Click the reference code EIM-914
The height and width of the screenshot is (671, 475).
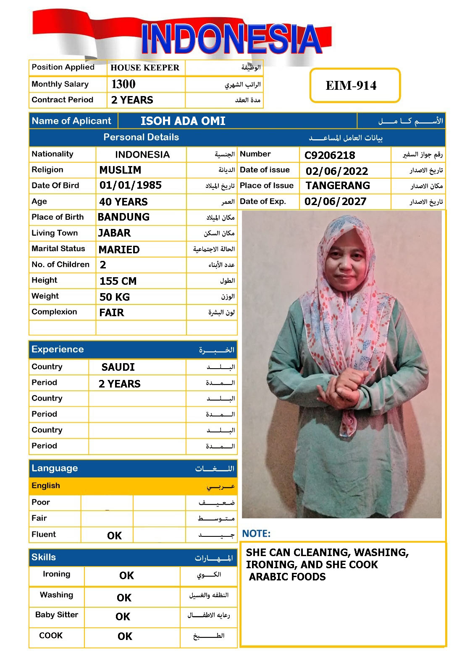tap(351, 86)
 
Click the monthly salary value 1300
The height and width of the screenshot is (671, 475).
tap(123, 84)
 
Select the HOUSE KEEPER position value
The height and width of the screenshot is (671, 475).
tap(145, 68)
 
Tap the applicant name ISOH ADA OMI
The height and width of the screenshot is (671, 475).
tap(183, 121)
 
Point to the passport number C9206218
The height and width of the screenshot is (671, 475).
tap(330, 156)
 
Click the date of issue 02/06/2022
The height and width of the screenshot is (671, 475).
tap(337, 171)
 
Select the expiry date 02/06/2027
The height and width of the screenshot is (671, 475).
tap(336, 202)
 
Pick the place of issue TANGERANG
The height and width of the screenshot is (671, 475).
tap(338, 186)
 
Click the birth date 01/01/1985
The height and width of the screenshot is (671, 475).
tap(131, 185)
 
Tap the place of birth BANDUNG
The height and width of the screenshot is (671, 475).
tap(123, 217)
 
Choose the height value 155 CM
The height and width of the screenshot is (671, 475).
tap(118, 281)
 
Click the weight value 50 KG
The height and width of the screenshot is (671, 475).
tap(115, 297)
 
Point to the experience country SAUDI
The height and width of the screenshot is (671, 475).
tap(118, 367)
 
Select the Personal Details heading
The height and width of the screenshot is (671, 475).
tap(141, 138)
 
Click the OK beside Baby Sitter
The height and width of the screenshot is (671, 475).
tap(123, 616)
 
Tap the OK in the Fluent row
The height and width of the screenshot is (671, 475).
tap(114, 536)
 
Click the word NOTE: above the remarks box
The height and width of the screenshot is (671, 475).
tap(256, 534)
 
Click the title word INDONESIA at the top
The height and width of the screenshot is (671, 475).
tap(231, 40)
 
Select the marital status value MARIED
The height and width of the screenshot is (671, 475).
tap(119, 250)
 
